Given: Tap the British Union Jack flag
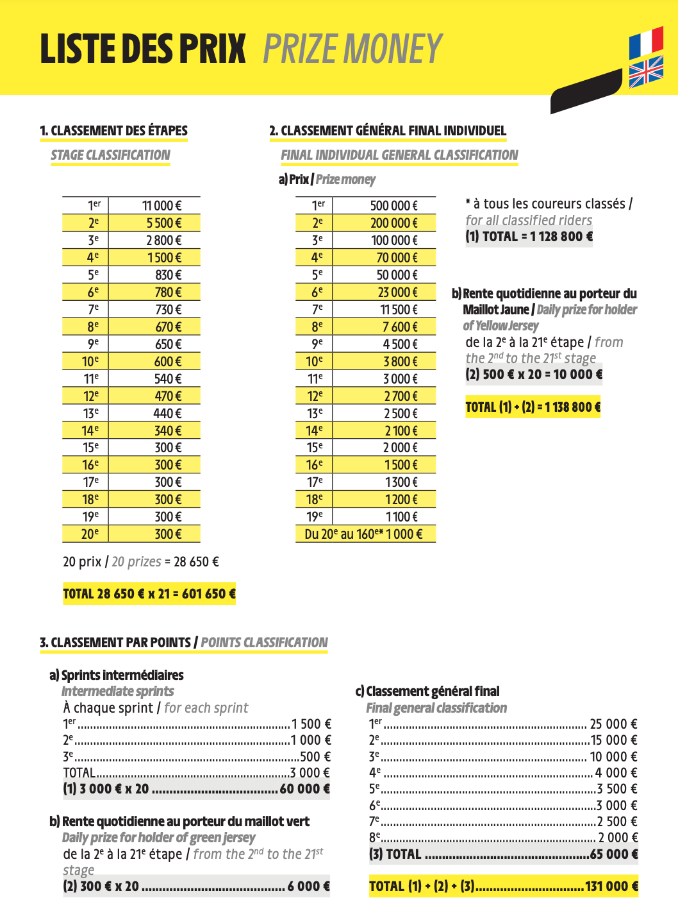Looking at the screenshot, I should click(646, 71).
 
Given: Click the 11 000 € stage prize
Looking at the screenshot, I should click(161, 206).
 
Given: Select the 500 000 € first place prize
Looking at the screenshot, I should click(393, 206).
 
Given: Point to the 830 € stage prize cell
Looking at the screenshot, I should click(168, 275).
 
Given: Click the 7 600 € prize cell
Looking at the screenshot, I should click(401, 327).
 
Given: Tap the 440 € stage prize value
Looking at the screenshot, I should click(167, 414).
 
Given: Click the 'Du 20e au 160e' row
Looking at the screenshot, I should click(364, 534).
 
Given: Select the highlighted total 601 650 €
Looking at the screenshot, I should click(149, 594).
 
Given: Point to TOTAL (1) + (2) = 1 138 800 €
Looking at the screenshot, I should click(533, 407).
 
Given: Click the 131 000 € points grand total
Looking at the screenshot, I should click(504, 886).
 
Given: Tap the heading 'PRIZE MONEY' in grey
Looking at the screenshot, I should click(352, 49).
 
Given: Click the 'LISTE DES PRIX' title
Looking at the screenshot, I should click(143, 49).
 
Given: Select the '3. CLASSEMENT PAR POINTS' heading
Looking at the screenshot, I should click(115, 643).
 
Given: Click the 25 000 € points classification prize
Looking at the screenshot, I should click(613, 724).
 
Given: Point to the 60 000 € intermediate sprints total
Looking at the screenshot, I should click(304, 789).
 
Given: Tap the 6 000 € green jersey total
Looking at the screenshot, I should click(308, 886).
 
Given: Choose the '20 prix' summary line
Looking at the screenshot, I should click(141, 562).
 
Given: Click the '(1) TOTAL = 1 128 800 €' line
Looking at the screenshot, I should click(529, 237).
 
